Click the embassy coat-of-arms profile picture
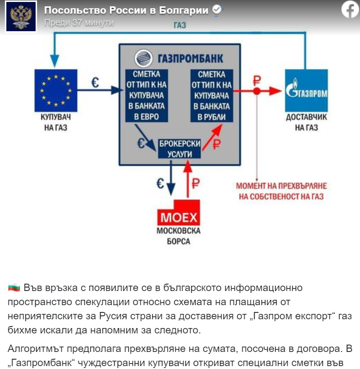[21, 16]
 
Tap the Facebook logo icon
[350, 9]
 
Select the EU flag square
[56, 90]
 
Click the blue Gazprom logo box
[306, 90]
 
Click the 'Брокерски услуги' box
[180, 148]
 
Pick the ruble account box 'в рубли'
[211, 96]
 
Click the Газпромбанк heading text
[180, 58]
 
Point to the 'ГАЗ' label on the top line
[180, 26]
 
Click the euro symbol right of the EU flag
[95, 83]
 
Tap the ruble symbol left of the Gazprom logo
[256, 80]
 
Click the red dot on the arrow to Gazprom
[257, 91]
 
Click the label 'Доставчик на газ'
[306, 123]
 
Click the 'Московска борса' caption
[178, 236]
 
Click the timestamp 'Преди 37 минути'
[79, 22]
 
